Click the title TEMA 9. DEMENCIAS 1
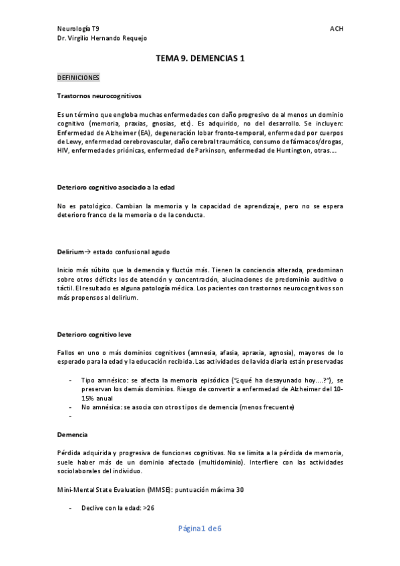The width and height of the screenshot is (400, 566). tap(200, 58)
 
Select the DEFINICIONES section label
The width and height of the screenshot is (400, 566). tap(79, 77)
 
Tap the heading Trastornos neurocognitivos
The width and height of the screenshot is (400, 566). tap(99, 96)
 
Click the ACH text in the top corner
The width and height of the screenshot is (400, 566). tap(337, 29)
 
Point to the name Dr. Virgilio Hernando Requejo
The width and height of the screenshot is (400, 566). tap(103, 38)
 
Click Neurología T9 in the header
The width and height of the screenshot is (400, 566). tap(78, 29)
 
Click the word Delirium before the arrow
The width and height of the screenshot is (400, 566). tap(69, 252)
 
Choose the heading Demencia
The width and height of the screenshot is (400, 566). tap(71, 435)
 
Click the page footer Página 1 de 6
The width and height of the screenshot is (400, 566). tap(200, 529)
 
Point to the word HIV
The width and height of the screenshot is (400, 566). tap(63, 151)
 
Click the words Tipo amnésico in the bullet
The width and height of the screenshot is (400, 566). tap(100, 380)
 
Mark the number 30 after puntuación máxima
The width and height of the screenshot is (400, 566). tap(240, 490)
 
